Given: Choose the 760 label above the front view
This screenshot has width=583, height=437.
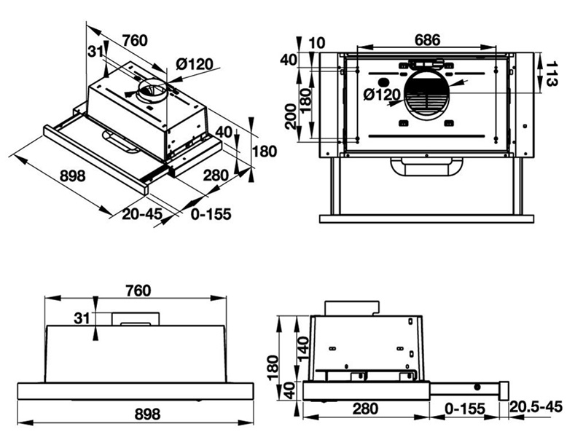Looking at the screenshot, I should [137, 291].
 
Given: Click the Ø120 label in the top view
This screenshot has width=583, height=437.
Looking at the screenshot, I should [381, 95].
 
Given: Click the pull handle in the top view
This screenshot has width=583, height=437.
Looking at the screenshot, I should [426, 167].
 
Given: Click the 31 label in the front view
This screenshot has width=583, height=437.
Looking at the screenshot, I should [82, 318].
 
